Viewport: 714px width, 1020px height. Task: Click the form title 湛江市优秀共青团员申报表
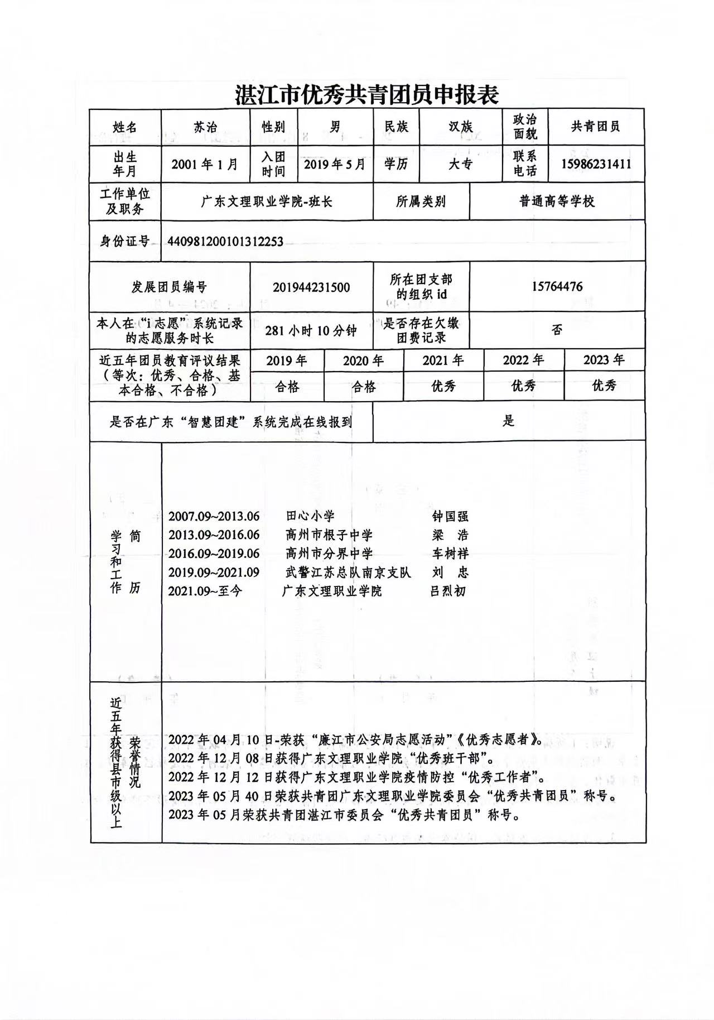pos(366,95)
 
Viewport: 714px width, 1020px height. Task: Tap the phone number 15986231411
pos(596,164)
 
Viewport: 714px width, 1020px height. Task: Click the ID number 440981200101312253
pos(225,242)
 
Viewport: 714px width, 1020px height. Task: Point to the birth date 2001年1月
pos(205,164)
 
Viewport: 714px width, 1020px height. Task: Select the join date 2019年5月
pos(334,164)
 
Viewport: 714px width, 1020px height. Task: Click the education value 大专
pos(460,164)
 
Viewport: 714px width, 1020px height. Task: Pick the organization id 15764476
pos(557,287)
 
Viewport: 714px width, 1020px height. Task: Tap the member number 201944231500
pos(311,287)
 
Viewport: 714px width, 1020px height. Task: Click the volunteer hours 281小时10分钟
pos(311,330)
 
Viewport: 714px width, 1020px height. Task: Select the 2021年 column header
pos(443,360)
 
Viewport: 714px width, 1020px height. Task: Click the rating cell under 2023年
pos(604,386)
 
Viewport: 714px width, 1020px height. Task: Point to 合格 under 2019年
pos(287,386)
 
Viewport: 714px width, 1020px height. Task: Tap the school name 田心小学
pos(310,516)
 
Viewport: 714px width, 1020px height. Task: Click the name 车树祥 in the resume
pos(450,554)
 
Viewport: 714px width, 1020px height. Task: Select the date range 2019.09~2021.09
pos(214,572)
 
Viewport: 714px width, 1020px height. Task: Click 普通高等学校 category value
pos(557,201)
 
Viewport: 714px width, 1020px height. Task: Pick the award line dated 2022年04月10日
pos(355,740)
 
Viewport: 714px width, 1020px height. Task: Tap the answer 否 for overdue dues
pos(557,330)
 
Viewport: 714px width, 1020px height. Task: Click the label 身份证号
pos(125,242)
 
